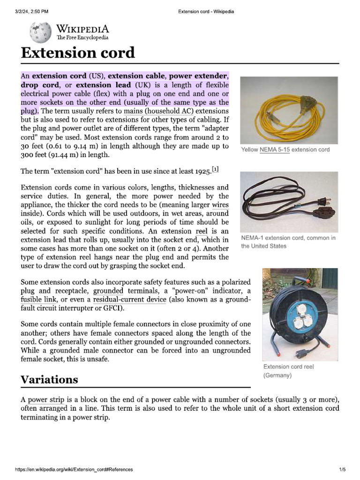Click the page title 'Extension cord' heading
(77, 52)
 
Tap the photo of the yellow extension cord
(289, 110)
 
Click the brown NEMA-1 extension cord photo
(289, 202)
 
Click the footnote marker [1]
(215, 169)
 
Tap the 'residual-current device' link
(129, 300)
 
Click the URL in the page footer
(74, 469)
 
